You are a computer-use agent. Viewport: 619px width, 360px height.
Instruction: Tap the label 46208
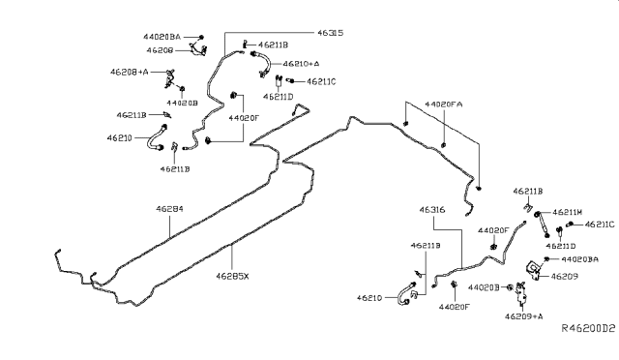(x=160, y=48)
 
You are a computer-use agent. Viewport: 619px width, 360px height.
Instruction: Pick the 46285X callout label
(x=232, y=275)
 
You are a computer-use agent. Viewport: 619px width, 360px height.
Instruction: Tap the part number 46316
(x=431, y=210)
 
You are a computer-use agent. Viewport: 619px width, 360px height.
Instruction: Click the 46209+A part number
(x=525, y=315)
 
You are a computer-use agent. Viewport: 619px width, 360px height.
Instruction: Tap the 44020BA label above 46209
(x=579, y=259)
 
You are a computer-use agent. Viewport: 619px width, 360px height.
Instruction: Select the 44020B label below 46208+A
(x=182, y=101)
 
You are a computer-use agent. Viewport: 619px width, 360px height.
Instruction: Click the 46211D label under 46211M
(x=573, y=246)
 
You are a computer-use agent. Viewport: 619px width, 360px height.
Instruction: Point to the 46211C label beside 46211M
(x=596, y=225)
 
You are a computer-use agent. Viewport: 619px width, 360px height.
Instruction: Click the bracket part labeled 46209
(x=532, y=269)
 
